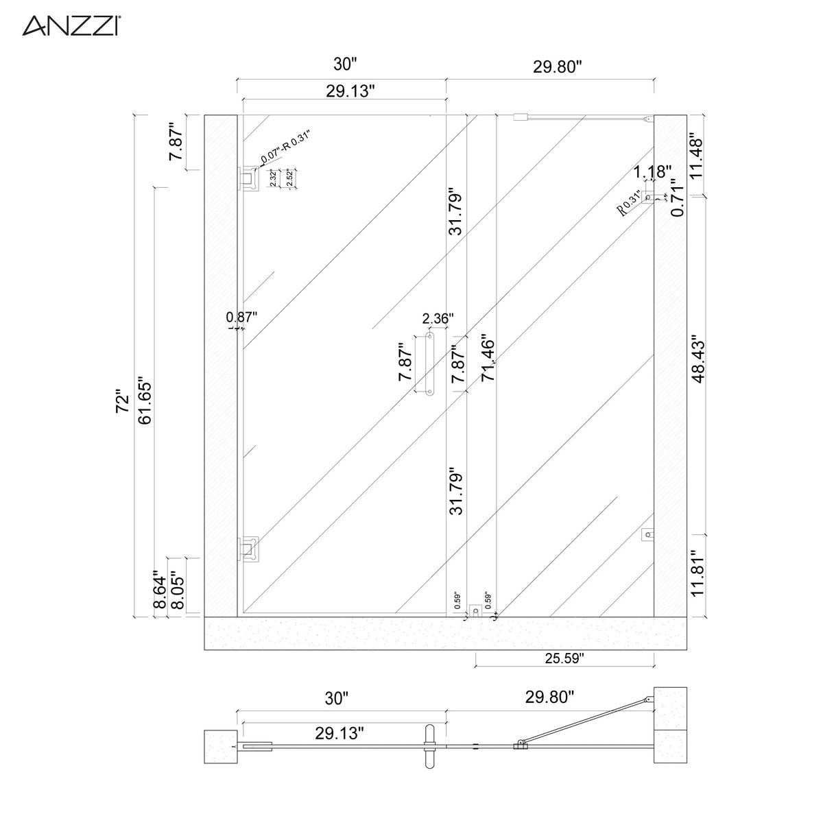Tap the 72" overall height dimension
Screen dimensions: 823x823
(x=123, y=402)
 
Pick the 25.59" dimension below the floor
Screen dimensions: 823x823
(x=564, y=658)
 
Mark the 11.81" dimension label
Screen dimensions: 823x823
(x=698, y=573)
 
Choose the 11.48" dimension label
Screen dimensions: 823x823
(x=698, y=155)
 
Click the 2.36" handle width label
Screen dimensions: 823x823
(x=438, y=318)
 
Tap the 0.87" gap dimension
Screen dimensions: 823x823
(x=241, y=317)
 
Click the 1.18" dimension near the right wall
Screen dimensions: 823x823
(x=652, y=171)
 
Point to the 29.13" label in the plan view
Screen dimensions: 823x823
(x=339, y=732)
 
